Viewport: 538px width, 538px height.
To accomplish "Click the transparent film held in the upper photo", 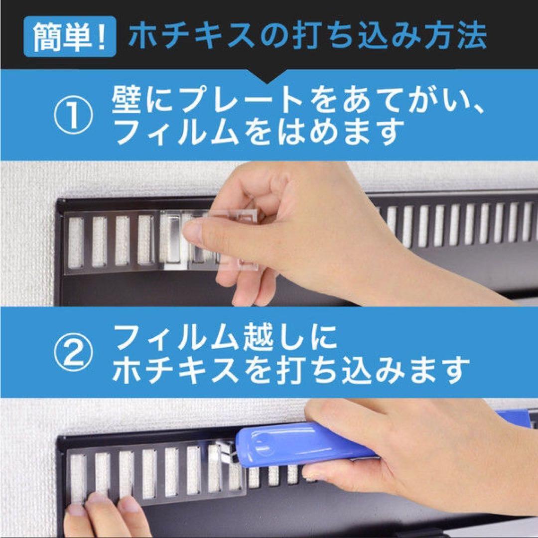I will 214,242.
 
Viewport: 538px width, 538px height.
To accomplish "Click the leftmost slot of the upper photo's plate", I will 76,242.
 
